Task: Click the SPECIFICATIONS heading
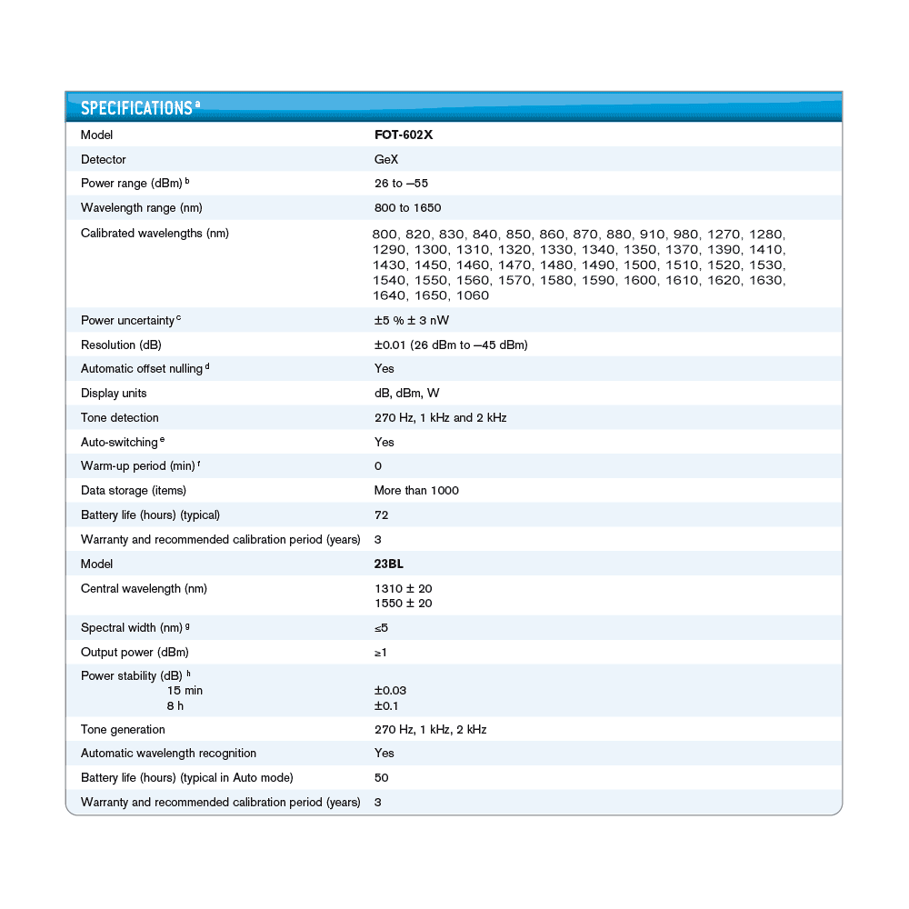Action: click(x=136, y=108)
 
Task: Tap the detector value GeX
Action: click(x=386, y=159)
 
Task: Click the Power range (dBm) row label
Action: click(x=135, y=184)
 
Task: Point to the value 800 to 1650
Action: click(x=407, y=208)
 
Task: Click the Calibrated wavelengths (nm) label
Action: click(x=155, y=233)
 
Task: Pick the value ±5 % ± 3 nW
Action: click(x=412, y=320)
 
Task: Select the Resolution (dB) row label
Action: click(x=121, y=345)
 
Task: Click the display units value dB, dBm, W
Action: click(x=406, y=394)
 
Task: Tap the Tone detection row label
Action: click(x=119, y=418)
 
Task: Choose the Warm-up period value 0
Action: click(x=378, y=466)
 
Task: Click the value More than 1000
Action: click(x=416, y=491)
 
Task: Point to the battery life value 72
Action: click(x=381, y=515)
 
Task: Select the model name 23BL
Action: click(x=389, y=564)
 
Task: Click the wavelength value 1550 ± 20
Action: click(x=403, y=604)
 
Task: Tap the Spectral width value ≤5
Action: click(x=382, y=628)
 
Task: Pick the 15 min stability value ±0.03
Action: click(x=390, y=691)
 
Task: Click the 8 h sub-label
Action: click(x=175, y=705)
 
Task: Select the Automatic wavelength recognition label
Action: click(x=168, y=754)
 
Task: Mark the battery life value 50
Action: click(x=381, y=778)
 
